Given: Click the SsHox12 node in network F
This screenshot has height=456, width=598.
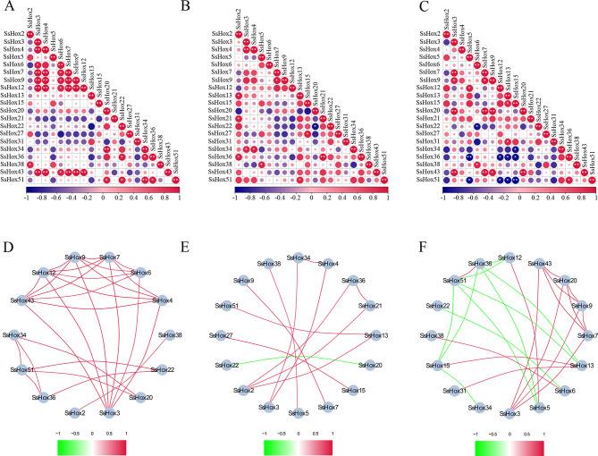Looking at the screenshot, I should pos(512,258).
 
